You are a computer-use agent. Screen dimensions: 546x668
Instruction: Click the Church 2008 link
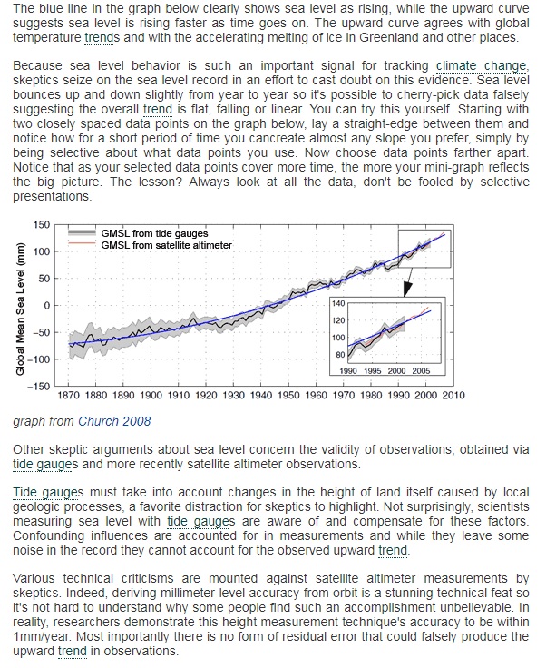(x=114, y=421)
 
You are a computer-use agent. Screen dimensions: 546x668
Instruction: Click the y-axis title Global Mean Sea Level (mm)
(x=20, y=309)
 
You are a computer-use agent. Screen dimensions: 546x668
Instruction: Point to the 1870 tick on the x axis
(x=68, y=396)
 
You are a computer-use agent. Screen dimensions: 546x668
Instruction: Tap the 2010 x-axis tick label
(x=453, y=396)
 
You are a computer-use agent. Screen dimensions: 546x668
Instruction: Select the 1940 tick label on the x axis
(x=261, y=396)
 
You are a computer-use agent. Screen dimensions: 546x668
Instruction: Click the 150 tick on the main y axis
(x=42, y=224)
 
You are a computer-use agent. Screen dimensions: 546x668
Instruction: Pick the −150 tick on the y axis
(x=39, y=387)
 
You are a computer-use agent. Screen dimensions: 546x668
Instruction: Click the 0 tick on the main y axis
(x=47, y=306)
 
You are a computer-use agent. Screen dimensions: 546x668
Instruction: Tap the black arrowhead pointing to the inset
(x=407, y=289)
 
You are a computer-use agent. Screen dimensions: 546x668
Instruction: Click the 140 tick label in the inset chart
(x=338, y=304)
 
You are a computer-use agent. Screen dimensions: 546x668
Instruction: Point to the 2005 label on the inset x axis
(x=421, y=371)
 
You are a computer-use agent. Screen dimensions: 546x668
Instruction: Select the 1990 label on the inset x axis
(x=348, y=371)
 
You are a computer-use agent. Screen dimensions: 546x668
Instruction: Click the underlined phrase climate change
(x=482, y=66)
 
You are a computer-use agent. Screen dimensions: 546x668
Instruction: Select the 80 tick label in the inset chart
(x=340, y=355)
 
